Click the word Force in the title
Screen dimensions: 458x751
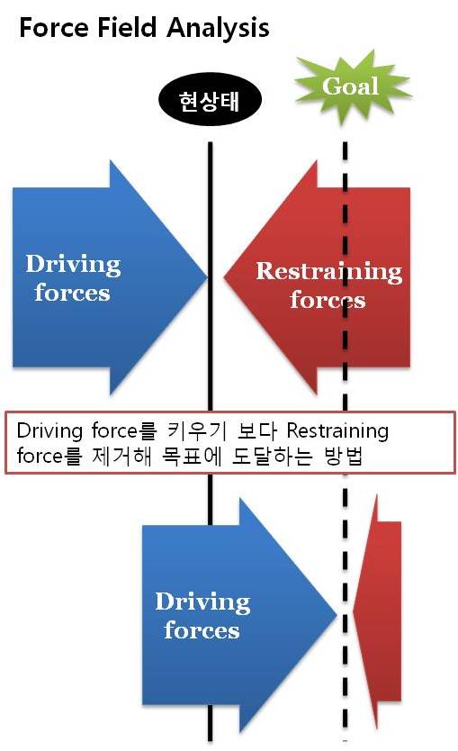point(54,27)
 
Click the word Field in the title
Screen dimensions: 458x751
point(128,27)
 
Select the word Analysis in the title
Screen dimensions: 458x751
point(219,29)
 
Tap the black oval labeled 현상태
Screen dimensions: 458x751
point(210,100)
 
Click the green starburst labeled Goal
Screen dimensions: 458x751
point(352,87)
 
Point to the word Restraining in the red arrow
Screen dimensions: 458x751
point(328,271)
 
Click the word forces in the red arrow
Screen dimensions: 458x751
point(328,299)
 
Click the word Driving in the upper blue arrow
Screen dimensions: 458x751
point(73,265)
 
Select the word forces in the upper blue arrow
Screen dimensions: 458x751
point(72,292)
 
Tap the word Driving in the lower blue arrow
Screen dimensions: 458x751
point(202,602)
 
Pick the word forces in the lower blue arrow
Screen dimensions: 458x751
point(202,629)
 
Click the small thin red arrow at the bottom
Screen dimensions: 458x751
point(377,611)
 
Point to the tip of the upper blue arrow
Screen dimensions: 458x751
point(207,276)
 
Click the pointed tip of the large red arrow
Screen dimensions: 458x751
point(224,276)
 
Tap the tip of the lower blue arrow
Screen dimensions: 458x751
point(337,614)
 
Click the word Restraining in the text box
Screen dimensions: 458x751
point(337,431)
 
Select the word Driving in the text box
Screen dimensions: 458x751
point(49,431)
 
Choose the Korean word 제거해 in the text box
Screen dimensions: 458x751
point(121,456)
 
